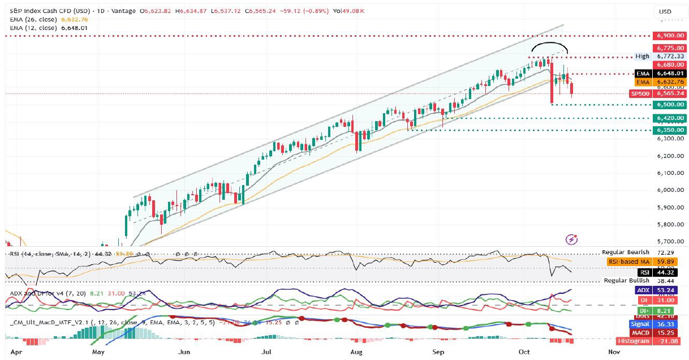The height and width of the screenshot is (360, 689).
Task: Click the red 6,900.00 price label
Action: pyautogui.click(x=669, y=35)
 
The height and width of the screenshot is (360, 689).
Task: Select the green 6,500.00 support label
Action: pyautogui.click(x=669, y=105)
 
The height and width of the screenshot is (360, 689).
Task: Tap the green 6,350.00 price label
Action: pyautogui.click(x=669, y=130)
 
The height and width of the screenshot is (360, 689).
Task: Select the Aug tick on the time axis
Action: pyautogui.click(x=356, y=352)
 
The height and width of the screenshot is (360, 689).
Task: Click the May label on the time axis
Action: pyautogui.click(x=100, y=352)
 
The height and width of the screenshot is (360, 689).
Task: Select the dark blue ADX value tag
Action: pyautogui.click(x=658, y=290)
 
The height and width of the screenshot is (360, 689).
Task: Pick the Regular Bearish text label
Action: pyautogui.click(x=626, y=252)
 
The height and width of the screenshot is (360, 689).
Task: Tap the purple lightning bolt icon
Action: pyautogui.click(x=572, y=240)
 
